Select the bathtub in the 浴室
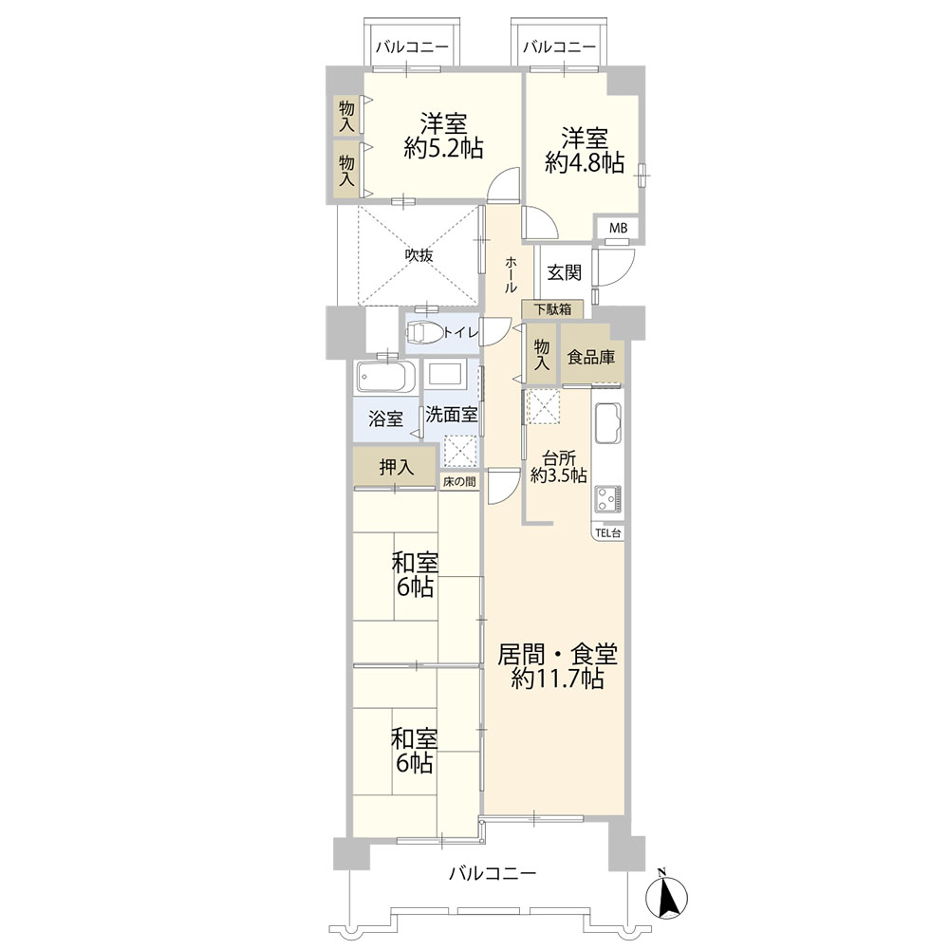[385, 378]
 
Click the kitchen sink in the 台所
[607, 423]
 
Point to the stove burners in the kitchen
[608, 500]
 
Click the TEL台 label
[608, 533]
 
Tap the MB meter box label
[618, 228]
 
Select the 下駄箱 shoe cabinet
[553, 309]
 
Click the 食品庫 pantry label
[590, 357]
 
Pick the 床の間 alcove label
[459, 482]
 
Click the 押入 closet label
[397, 467]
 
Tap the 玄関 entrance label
[564, 273]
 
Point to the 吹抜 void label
[419, 255]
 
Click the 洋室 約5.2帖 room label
[443, 136]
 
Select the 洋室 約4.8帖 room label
[585, 151]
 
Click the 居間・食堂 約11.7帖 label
[557, 666]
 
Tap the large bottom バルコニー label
[493, 873]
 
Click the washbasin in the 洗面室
[445, 373]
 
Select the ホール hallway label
[511, 274]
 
